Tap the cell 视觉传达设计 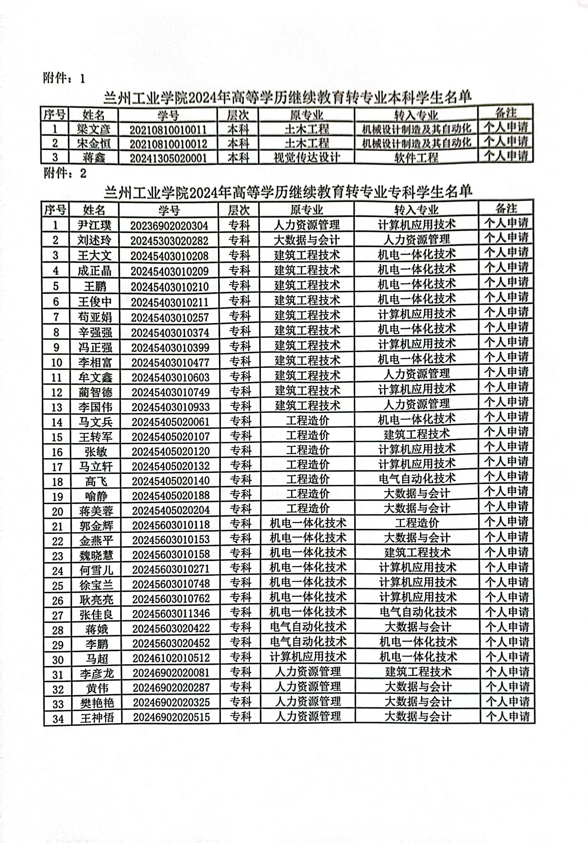[307, 157]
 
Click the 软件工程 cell [416, 157]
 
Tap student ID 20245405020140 [170, 481]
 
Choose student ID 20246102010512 [171, 658]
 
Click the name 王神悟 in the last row [97, 717]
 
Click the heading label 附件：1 [64, 78]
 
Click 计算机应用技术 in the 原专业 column [308, 656]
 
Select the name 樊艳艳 [97, 702]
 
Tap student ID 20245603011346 [171, 613]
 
